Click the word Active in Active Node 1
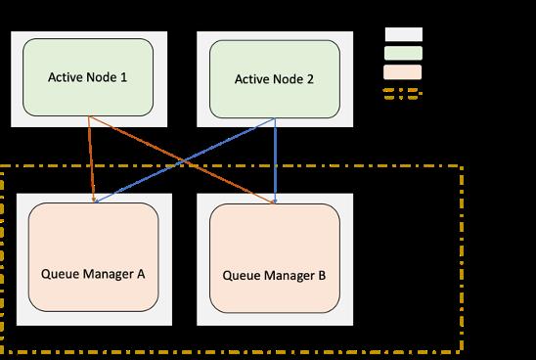point(67,76)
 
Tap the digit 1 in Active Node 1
point(123,76)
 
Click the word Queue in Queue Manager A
point(61,274)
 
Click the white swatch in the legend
point(403,34)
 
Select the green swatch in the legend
point(403,53)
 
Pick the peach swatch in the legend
point(403,71)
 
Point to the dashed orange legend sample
point(403,93)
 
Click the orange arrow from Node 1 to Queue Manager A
point(92,161)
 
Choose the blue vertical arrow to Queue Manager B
point(275,161)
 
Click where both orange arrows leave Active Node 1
point(90,119)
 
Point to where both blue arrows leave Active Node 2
point(275,119)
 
